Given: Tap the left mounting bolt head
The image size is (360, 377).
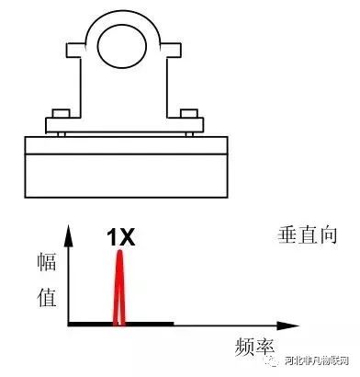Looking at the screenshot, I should [x=62, y=114].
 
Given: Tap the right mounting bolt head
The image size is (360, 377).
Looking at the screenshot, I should [x=189, y=114].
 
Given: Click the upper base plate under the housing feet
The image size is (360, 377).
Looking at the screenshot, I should [x=125, y=144].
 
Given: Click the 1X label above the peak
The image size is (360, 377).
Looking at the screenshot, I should [x=120, y=238].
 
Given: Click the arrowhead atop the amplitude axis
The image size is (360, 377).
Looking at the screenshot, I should [x=69, y=230].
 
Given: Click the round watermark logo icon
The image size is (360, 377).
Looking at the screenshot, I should [x=274, y=359].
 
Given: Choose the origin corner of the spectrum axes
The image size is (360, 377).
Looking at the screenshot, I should [x=69, y=324].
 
